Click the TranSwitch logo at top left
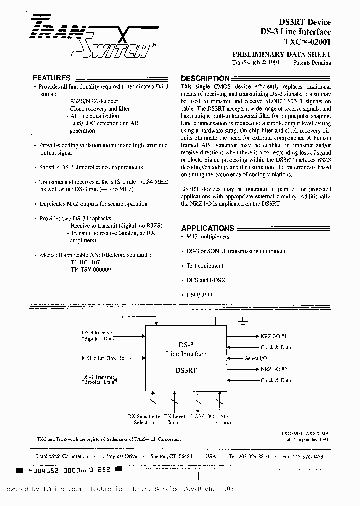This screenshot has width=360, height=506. click(x=90, y=38)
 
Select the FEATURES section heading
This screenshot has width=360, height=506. click(x=51, y=78)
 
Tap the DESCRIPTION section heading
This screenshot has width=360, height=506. click(x=205, y=78)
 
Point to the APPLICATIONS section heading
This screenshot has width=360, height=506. click(x=207, y=228)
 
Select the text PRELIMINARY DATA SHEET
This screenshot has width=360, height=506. click(x=282, y=54)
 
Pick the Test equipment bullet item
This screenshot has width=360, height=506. click(x=204, y=266)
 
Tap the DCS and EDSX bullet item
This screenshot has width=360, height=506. click(x=205, y=280)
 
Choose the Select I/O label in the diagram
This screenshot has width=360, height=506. click(x=256, y=358)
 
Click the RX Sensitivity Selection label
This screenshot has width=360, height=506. click(x=144, y=419)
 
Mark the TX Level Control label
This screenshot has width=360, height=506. click(x=174, y=419)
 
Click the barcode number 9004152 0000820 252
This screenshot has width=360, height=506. click(x=64, y=470)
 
